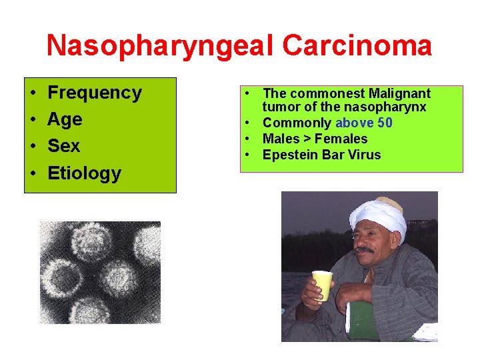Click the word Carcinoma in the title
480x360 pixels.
pyautogui.click(x=357, y=46)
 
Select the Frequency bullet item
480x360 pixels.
pyautogui.click(x=95, y=93)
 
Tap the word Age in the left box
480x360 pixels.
pyautogui.click(x=65, y=119)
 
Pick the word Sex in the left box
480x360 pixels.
pyautogui.click(x=63, y=146)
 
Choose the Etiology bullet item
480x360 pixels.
pyautogui.click(x=84, y=173)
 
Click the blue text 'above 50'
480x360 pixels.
pyautogui.click(x=363, y=123)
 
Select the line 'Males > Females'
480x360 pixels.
pyautogui.click(x=315, y=139)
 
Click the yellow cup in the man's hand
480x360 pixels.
pyautogui.click(x=323, y=285)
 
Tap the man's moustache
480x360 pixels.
pyautogui.click(x=364, y=250)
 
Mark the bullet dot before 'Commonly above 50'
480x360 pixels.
pyautogui.click(x=247, y=123)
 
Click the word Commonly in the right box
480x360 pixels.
pyautogui.click(x=297, y=123)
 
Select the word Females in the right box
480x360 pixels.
pyautogui.click(x=341, y=139)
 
